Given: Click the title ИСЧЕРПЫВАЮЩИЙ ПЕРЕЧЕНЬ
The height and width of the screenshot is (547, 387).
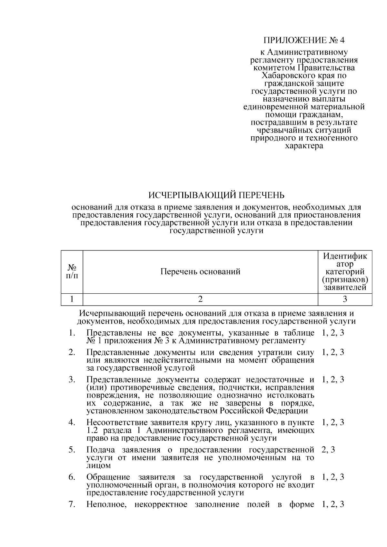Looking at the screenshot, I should coord(216,195).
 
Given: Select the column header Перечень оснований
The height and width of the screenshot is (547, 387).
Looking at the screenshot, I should coord(200,272).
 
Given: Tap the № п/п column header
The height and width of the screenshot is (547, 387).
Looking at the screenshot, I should coord(72,272).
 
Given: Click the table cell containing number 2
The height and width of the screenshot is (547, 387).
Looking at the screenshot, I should coord(200,299).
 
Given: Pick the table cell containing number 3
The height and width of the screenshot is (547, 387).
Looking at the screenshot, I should coord(345,299).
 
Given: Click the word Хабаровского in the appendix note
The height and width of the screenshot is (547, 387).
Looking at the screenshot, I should coord(283,76).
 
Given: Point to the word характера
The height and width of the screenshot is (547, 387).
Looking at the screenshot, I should coord(304,146).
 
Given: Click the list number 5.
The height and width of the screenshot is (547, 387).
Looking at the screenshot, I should coord(72,450).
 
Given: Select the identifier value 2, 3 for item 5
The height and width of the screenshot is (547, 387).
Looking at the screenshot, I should coord(328,450).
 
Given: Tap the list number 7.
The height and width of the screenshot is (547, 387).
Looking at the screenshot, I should coord(72,504).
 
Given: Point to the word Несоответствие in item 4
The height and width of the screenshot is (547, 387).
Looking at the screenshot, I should coord(117,422).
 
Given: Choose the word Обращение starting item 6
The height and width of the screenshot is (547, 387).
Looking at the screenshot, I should coord(108,477).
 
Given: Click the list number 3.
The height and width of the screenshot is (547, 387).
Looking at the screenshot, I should coord(72,379).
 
